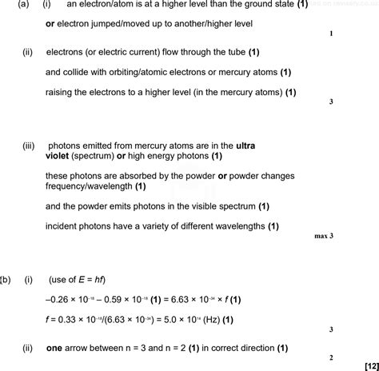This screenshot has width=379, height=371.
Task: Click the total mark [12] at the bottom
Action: [366, 365]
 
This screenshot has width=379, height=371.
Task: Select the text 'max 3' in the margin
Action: [323, 237]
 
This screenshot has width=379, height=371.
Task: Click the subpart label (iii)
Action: [30, 146]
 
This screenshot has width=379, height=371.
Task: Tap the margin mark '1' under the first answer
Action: [330, 34]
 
